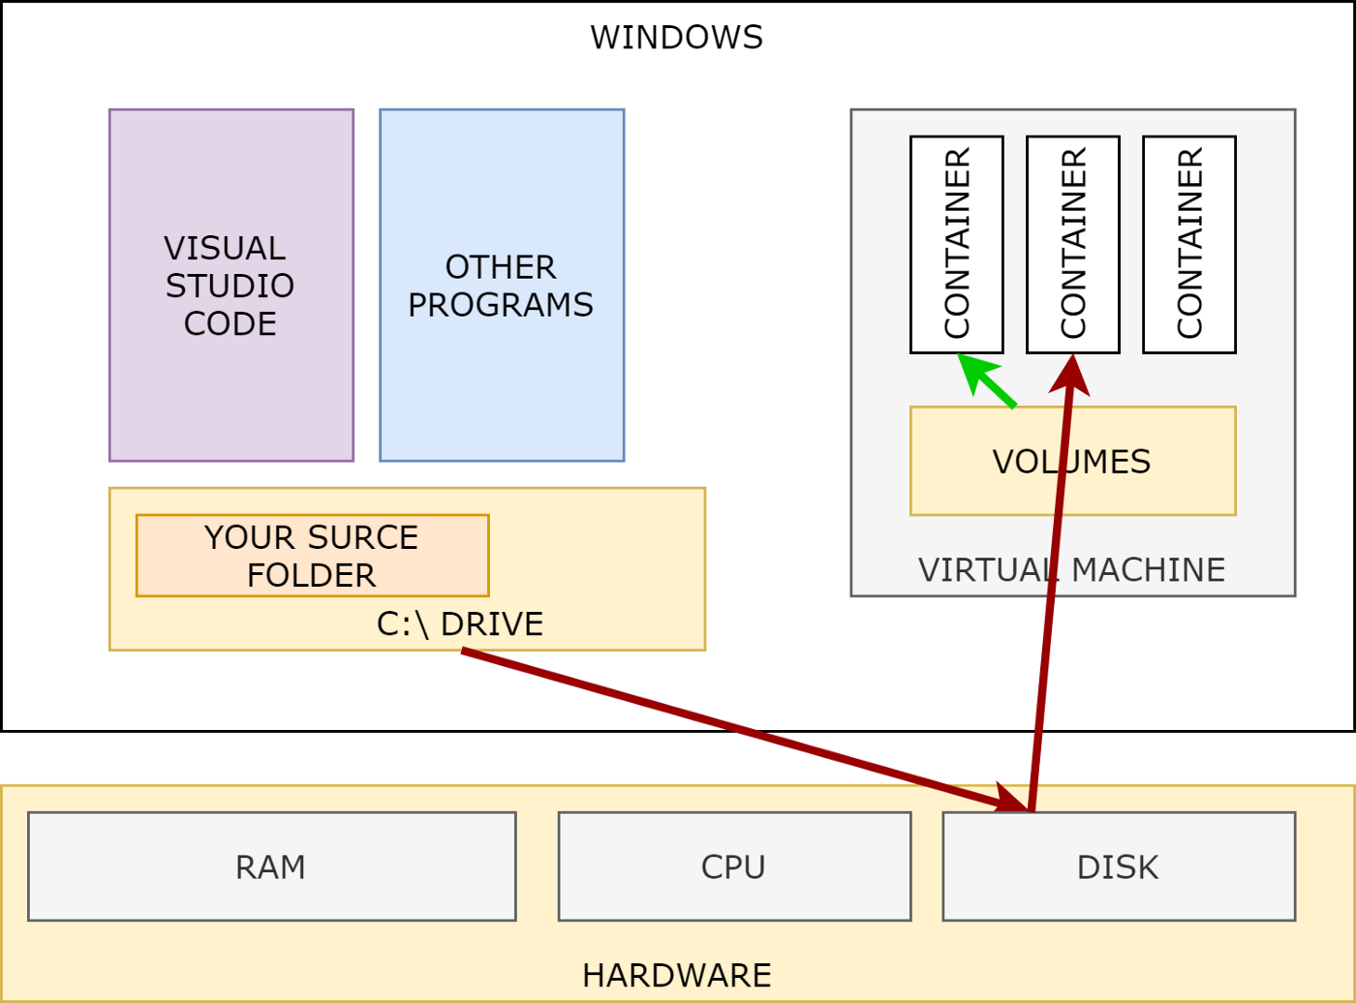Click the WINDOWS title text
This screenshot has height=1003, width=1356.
[x=676, y=38]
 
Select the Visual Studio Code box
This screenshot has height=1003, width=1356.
[x=231, y=285]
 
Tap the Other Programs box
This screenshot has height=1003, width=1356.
[x=502, y=285]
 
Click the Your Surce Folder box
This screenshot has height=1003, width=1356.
[x=313, y=555]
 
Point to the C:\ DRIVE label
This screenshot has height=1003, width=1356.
[x=460, y=624]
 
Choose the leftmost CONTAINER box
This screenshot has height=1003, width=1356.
[x=956, y=245]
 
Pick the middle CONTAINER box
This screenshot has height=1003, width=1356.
[x=1073, y=245]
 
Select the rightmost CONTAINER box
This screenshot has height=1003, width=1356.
[x=1189, y=245]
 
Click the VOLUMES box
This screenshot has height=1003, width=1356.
[x=1073, y=461]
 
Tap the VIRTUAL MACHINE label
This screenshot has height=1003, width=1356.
[x=1071, y=569]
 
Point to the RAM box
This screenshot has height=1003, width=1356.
[x=272, y=866]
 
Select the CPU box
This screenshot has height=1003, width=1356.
[x=735, y=866]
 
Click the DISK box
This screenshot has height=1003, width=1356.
[x=1119, y=866]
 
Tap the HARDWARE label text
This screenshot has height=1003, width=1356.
[x=677, y=975]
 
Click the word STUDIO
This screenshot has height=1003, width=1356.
[x=230, y=286]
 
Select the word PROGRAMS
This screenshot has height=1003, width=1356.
[x=501, y=304]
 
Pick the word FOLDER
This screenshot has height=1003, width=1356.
[x=312, y=574]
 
